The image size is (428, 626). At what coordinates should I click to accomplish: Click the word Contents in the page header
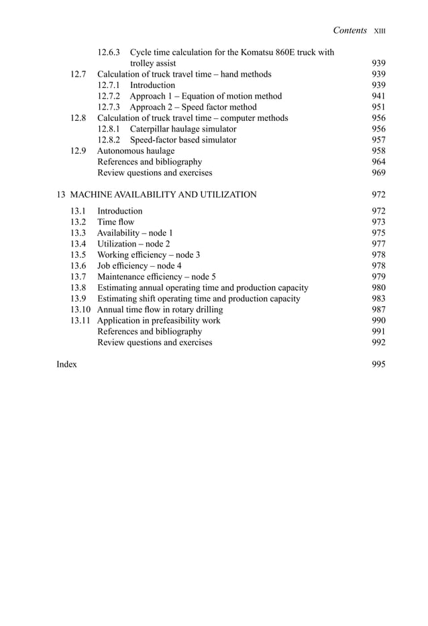coord(350,30)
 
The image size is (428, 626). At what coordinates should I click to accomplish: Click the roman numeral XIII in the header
coord(381,31)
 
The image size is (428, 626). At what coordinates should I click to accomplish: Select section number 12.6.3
coord(109,52)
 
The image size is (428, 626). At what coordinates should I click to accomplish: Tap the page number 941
coord(378,96)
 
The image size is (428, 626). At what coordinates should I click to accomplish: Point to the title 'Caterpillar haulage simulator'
coord(183,129)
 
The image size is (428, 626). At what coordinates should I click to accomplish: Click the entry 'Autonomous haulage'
coord(136,151)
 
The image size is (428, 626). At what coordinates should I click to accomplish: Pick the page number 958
coord(378,151)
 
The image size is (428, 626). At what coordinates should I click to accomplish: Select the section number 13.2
coord(78,222)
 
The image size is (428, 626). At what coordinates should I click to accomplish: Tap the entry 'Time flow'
coord(116,222)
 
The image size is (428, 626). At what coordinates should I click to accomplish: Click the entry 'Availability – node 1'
coord(136,232)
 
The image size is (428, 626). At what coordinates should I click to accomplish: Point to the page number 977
coord(378,244)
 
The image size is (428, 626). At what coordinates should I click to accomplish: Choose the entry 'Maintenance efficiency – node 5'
coord(156,277)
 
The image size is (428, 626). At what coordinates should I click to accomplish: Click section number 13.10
coord(81,310)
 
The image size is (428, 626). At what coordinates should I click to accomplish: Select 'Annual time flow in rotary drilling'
coord(160,310)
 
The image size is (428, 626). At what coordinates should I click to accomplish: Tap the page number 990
coord(378,320)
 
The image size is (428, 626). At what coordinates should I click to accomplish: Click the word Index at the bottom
coord(67,364)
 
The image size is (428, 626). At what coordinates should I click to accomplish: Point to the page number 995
coord(378,364)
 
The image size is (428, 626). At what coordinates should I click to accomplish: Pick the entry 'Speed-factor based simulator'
coord(183,140)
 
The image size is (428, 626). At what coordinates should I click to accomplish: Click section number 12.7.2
coord(109,96)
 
